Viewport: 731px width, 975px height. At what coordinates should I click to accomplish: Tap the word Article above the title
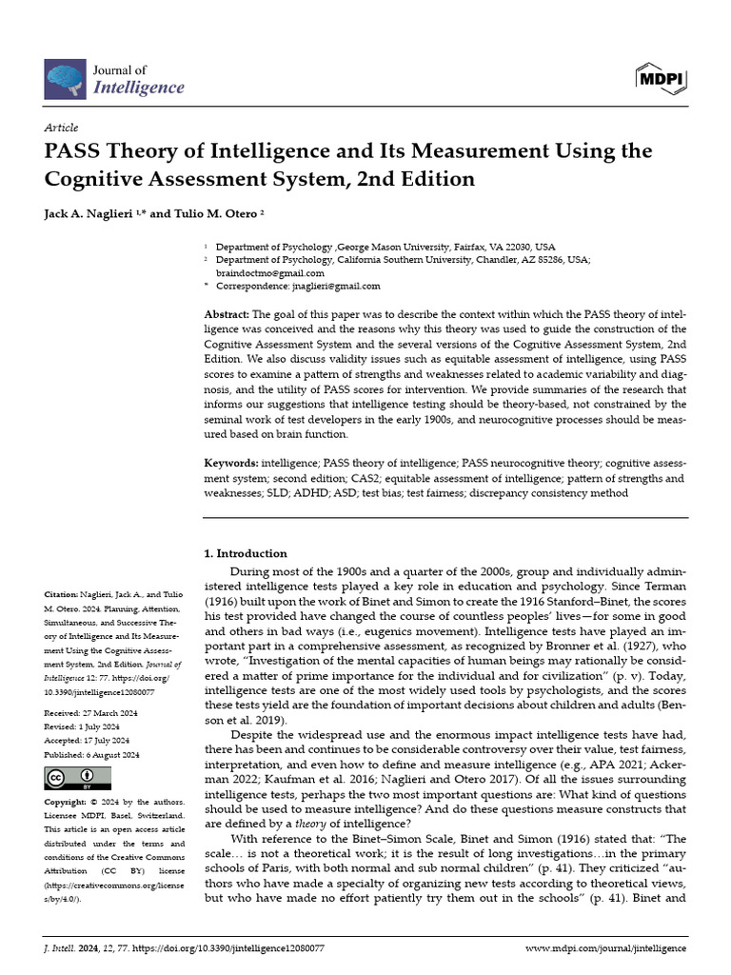click(62, 128)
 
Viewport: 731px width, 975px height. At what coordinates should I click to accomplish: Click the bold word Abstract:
click(227, 314)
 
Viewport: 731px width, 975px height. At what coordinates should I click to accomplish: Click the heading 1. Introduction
click(247, 553)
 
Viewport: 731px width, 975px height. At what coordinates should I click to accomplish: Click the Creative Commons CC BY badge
click(70, 779)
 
